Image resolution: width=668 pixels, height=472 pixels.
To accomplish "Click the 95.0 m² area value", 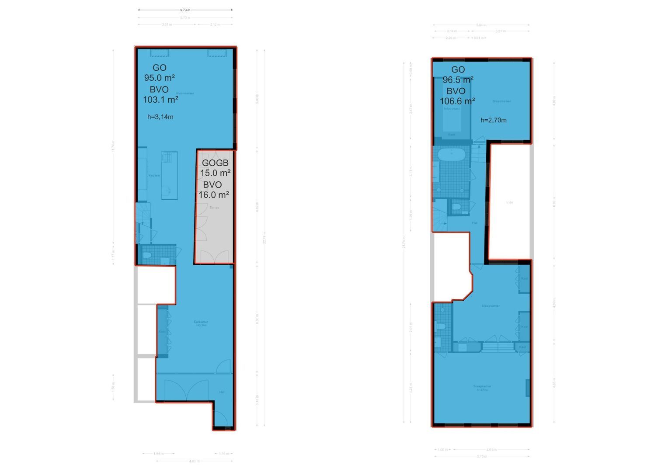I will pyautogui.click(x=160, y=78).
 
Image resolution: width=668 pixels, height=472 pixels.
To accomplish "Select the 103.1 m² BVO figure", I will pyautogui.click(x=160, y=100).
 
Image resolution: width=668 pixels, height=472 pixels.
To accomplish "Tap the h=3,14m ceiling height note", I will pyautogui.click(x=160, y=117).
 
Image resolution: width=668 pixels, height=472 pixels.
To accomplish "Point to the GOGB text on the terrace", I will pyautogui.click(x=215, y=163).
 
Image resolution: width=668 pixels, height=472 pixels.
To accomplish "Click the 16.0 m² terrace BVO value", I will pyautogui.click(x=214, y=195).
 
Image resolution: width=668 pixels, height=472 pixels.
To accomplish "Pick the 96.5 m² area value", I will pyautogui.click(x=458, y=80).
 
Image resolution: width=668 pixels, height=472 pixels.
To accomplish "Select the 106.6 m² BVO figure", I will pyautogui.click(x=457, y=101).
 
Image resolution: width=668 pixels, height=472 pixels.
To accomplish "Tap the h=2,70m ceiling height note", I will pyautogui.click(x=494, y=120).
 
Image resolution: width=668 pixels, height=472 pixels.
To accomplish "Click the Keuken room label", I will pyautogui.click(x=154, y=175).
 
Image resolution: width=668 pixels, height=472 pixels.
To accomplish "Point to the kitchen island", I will pyautogui.click(x=170, y=175).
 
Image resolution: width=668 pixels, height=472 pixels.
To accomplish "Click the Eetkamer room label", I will pyautogui.click(x=201, y=323).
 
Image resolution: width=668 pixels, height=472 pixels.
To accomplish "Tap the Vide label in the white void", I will pyautogui.click(x=509, y=202).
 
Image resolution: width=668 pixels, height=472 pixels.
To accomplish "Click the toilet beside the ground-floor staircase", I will pyautogui.click(x=147, y=255).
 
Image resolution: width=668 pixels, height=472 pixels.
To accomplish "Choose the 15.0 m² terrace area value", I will pyautogui.click(x=215, y=173).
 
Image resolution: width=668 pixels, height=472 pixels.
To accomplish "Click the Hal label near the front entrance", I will pyautogui.click(x=222, y=392).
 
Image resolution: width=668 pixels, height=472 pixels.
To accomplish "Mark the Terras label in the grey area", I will pyautogui.click(x=214, y=208).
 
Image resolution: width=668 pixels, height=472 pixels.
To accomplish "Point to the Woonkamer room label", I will pyautogui.click(x=185, y=93).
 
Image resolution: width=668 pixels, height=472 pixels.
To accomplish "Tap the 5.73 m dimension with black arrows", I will pyautogui.click(x=185, y=10).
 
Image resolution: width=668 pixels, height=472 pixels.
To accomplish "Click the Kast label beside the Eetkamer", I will pyautogui.click(x=162, y=331).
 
